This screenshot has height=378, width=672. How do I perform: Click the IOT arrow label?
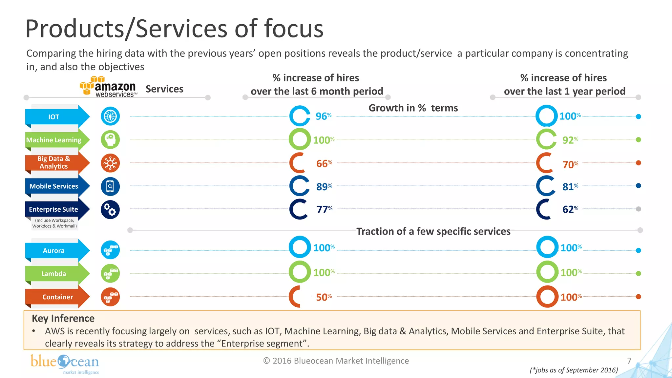[54, 117]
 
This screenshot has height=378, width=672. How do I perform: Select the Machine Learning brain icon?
[110, 140]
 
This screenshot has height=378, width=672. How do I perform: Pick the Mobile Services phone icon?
[110, 186]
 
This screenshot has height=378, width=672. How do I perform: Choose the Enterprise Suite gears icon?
[110, 209]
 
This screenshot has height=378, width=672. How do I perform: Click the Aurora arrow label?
[54, 251]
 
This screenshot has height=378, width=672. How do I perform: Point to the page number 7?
[629, 361]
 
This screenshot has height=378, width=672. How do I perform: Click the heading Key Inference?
[63, 318]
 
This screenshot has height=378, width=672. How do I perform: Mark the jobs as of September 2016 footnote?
[574, 370]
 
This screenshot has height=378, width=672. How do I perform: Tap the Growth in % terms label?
[413, 108]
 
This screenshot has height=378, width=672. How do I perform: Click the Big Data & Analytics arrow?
[54, 162]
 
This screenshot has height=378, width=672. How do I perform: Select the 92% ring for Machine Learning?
[546, 139]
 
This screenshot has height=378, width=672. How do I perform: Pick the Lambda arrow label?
[54, 274]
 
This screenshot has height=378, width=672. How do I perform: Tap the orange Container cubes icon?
[110, 297]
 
